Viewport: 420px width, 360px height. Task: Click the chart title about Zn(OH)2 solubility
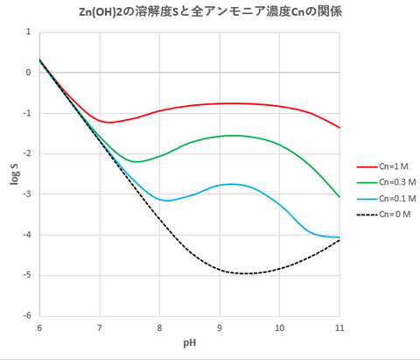[x=209, y=11]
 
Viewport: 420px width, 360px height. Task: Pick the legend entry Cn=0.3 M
[x=389, y=182]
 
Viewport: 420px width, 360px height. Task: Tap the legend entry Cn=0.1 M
[x=389, y=199]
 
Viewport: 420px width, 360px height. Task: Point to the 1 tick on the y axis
[x=29, y=32]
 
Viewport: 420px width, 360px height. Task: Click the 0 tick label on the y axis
[x=29, y=73]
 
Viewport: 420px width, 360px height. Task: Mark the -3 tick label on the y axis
[x=27, y=194]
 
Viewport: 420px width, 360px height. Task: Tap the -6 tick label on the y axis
[x=27, y=316]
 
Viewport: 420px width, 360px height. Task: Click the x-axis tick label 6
[x=39, y=327]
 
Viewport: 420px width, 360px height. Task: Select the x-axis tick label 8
[x=159, y=327]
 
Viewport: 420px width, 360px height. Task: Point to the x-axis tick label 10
[x=279, y=327]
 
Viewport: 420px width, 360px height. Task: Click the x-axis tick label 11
[x=339, y=327]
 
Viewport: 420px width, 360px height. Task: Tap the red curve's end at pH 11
[x=339, y=128]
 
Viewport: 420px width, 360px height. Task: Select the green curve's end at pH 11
[x=339, y=197]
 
